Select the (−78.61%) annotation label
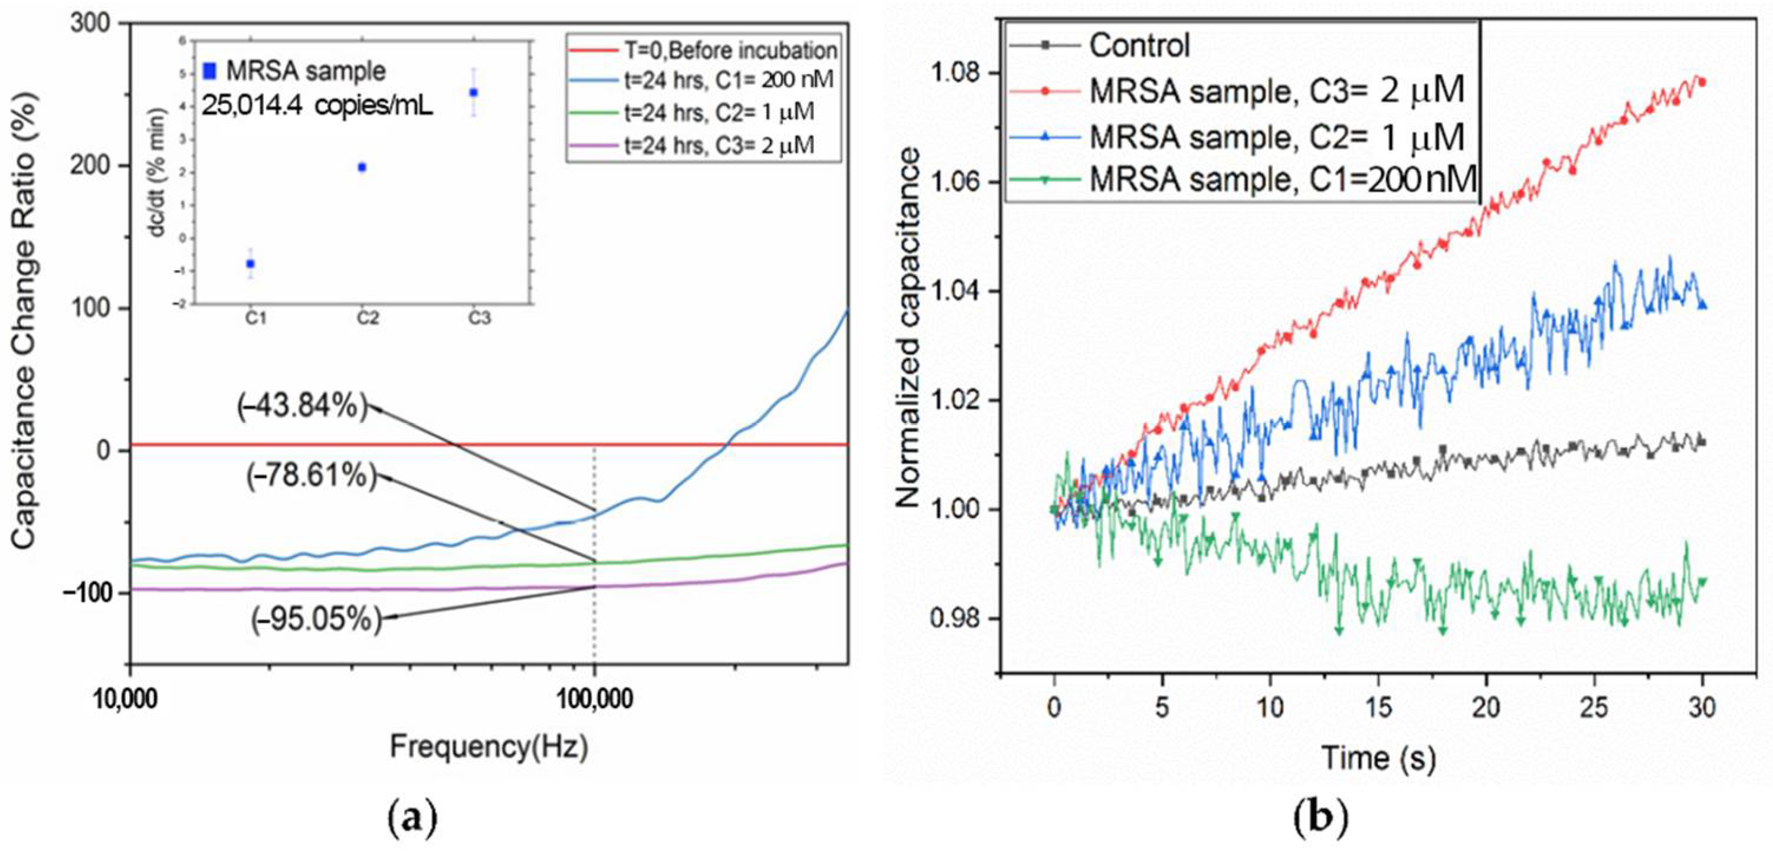coord(312,475)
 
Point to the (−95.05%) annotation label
coord(316,620)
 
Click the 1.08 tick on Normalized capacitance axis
coord(958,73)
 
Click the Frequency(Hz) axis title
coord(489,747)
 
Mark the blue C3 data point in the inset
coord(474,92)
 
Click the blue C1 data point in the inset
coord(251,263)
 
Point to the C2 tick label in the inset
coord(368,318)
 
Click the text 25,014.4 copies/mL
coord(317,107)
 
